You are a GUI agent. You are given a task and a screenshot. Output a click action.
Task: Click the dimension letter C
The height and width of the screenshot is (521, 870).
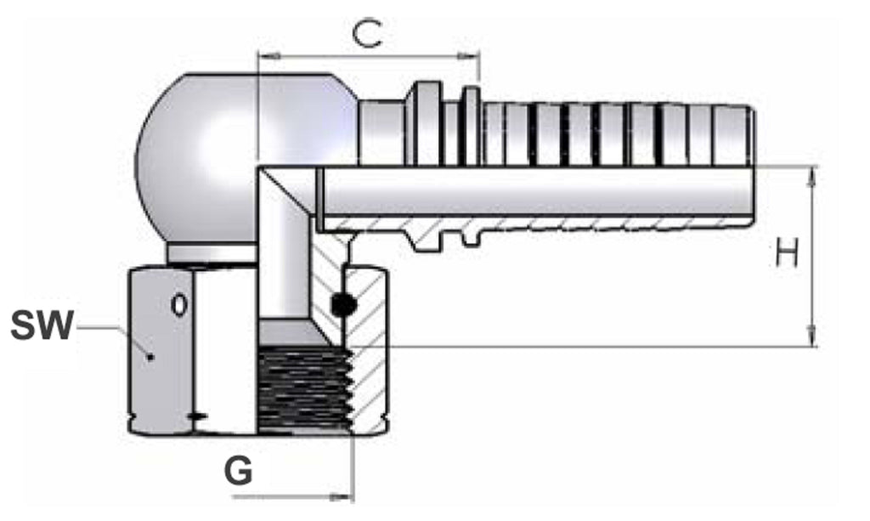pos(367,34)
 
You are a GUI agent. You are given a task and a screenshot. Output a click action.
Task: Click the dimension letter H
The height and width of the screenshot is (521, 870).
pos(787,252)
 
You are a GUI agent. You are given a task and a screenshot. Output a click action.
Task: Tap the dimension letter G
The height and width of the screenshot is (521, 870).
pos(239,471)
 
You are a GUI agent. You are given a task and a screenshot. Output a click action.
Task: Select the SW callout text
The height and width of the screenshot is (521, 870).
pos(42,326)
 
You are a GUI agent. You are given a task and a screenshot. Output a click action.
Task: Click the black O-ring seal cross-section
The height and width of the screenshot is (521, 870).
pos(342,304)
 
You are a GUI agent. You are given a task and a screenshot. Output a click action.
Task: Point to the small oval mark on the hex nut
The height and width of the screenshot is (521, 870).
pos(178,304)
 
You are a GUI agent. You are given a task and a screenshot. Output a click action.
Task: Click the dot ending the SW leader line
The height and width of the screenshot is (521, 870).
pos(150,356)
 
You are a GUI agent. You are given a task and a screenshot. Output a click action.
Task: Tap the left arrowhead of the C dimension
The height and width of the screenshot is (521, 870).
pos(270,56)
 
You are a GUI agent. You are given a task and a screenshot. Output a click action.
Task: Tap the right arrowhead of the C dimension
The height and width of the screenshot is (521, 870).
pos(468,56)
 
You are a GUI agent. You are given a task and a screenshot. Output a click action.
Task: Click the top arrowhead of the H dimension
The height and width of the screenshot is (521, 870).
pos(811,177)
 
